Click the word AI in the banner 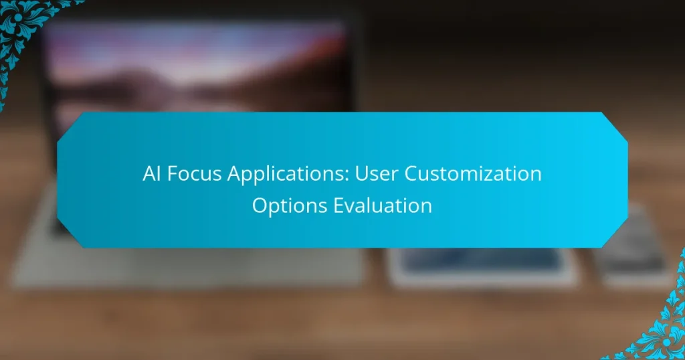point(152,174)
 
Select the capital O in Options point(259,205)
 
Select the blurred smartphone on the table point(632,254)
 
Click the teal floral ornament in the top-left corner point(27,27)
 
